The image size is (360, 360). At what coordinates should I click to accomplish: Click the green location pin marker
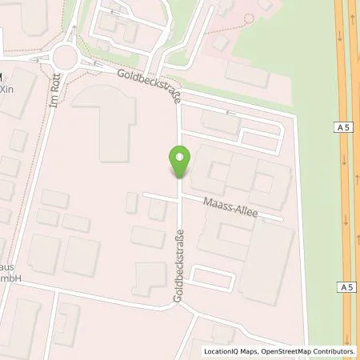180,162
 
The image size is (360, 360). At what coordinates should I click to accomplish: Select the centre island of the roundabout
65,55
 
